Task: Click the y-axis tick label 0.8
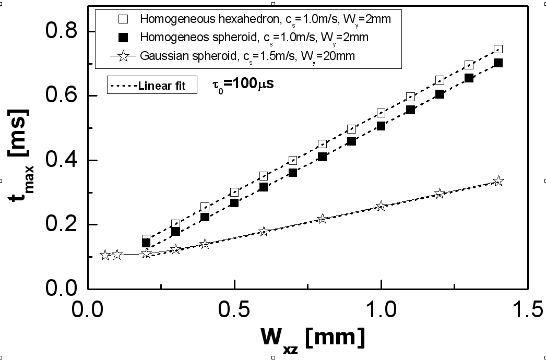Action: click(62, 32)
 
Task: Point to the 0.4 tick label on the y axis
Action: click(62, 160)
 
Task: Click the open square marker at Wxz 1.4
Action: click(498, 49)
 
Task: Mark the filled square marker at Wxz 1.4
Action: click(498, 63)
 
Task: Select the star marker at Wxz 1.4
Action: click(498, 181)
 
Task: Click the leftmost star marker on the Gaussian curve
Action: click(105, 255)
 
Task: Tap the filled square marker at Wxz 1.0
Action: click(381, 126)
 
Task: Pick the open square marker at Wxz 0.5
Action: click(235, 192)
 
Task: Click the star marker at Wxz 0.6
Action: click(264, 231)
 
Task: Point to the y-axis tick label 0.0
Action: click(62, 289)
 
